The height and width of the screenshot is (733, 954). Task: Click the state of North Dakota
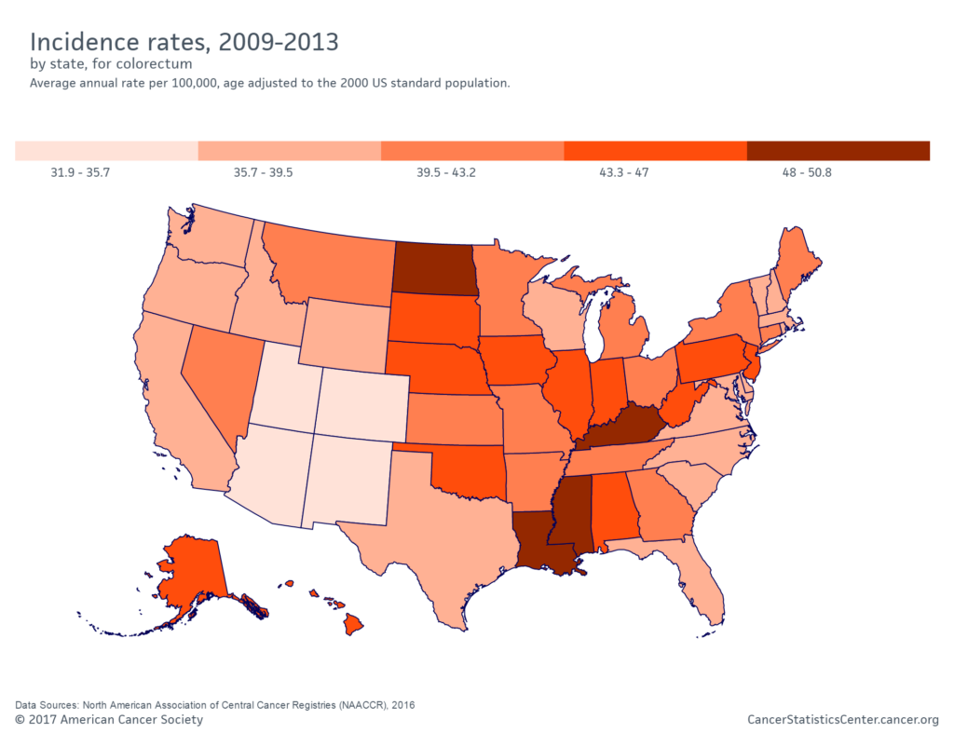tap(433, 267)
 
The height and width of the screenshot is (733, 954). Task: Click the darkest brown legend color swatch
tap(838, 151)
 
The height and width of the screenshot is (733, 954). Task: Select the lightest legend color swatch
tap(106, 151)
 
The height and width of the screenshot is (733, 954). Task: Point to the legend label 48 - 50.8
tap(807, 172)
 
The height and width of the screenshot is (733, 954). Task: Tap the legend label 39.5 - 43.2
tap(443, 172)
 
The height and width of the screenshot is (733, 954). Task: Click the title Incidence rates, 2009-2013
tap(184, 42)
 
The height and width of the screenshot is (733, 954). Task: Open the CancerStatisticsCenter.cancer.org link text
tap(842, 720)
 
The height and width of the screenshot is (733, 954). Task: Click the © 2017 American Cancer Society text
tap(109, 720)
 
